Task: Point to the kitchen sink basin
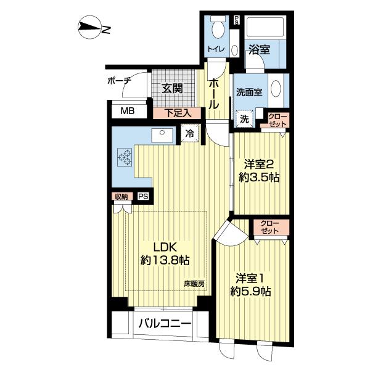click(x=162, y=136)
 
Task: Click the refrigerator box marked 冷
click(x=190, y=134)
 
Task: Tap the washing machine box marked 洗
click(x=244, y=119)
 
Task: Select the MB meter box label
click(x=128, y=111)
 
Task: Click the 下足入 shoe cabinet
click(x=177, y=113)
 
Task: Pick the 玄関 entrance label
click(x=173, y=89)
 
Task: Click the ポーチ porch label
click(x=119, y=81)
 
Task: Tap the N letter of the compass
click(x=106, y=30)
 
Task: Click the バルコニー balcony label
click(x=165, y=324)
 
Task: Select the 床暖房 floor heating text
click(x=194, y=284)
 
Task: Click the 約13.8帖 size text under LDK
click(x=165, y=260)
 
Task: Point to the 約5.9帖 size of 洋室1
click(x=250, y=292)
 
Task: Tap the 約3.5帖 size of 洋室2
click(x=259, y=177)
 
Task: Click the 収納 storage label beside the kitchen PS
click(x=121, y=196)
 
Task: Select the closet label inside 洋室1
click(x=269, y=227)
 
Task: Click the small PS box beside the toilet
click(x=236, y=20)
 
